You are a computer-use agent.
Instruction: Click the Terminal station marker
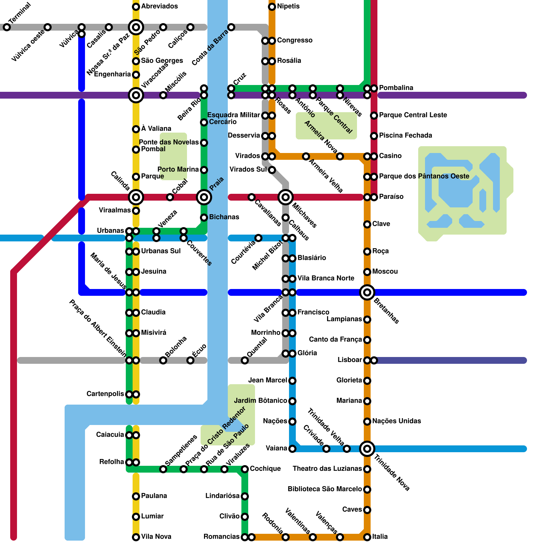7,27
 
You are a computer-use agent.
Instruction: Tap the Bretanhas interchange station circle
367,292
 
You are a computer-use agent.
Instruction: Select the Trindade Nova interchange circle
367,449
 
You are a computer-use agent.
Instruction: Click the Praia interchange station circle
204,197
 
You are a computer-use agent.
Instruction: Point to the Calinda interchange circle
136,197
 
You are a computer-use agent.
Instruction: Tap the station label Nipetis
288,6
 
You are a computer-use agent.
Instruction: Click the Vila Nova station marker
136,537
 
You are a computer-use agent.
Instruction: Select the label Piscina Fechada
406,136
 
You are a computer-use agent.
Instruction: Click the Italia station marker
367,537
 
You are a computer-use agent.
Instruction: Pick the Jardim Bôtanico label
260,401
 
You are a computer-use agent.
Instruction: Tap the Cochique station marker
245,469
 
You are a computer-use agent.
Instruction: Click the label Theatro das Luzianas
327,469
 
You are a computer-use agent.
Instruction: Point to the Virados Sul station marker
272,170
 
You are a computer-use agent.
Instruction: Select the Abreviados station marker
136,7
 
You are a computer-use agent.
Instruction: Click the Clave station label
381,224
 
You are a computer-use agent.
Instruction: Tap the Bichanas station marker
204,218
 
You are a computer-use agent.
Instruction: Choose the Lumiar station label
152,516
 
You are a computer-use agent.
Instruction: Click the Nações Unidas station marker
367,422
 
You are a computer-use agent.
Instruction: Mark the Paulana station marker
136,496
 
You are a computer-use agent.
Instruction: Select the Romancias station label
221,537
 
